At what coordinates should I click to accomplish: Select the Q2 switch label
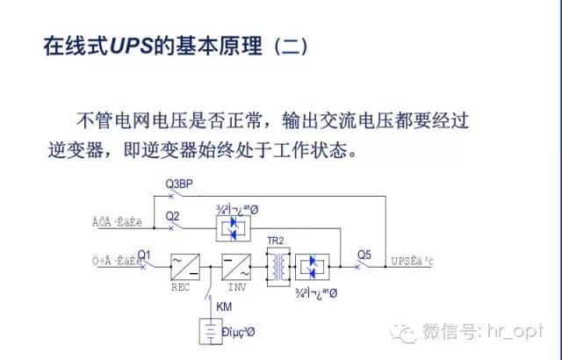[x=172, y=215]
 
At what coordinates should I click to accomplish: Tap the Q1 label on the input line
[x=145, y=255]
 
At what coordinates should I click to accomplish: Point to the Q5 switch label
[x=364, y=255]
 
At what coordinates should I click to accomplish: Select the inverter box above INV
[x=236, y=265]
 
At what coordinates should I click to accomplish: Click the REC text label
[x=180, y=285]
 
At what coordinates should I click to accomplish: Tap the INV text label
[x=238, y=285]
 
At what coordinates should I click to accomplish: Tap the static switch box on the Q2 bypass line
[x=233, y=227]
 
